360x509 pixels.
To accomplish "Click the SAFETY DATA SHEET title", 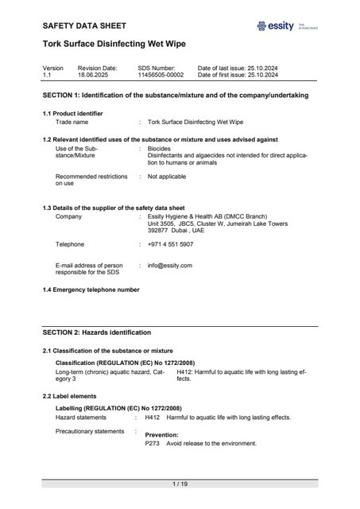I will pyautogui.click(x=83, y=26).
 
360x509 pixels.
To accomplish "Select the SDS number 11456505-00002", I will pyautogui.click(x=161, y=76).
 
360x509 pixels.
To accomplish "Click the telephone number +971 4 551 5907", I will pyautogui.click(x=171, y=244).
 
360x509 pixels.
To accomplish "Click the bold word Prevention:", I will pyautogui.click(x=161, y=435).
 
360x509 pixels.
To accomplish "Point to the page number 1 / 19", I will pyautogui.click(x=180, y=484).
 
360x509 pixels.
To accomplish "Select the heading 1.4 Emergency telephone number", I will pyautogui.click(x=91, y=289).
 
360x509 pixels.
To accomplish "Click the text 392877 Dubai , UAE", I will pyautogui.click(x=182, y=231).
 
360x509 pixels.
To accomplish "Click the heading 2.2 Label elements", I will pyautogui.click(x=69, y=396).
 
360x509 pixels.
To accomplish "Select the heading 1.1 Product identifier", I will pyautogui.click(x=72, y=114).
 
